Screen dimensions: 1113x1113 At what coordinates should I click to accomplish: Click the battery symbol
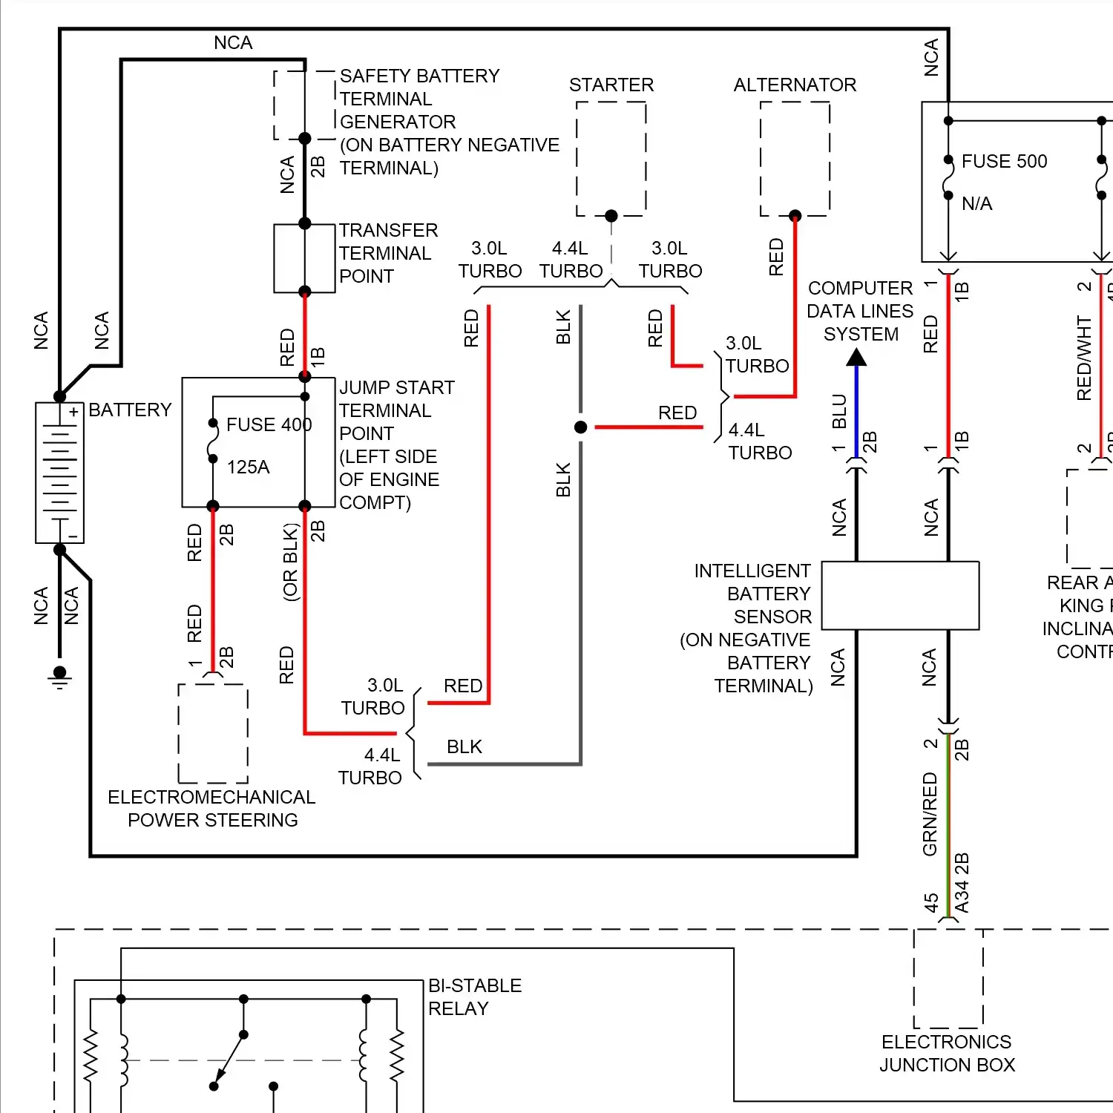59,473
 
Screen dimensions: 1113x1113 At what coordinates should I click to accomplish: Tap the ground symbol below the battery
59,677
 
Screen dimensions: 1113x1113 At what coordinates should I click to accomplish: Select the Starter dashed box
611,158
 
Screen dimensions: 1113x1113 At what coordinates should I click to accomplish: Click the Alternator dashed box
795,158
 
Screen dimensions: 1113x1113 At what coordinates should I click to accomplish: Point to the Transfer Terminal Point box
304,258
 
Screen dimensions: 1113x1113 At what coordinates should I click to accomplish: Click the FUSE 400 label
269,425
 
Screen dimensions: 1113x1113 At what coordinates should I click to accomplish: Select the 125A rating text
248,467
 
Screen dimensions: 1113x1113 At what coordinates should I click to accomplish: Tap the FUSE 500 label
1004,162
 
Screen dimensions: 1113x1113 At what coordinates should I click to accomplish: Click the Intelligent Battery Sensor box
900,596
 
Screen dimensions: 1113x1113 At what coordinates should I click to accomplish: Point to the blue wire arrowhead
856,358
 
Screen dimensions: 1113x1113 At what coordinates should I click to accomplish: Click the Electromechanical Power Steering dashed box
213,733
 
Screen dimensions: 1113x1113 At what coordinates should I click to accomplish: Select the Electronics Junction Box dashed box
948,978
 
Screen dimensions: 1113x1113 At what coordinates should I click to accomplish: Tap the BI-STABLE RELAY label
474,997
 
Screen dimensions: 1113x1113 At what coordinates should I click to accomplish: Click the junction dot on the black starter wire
581,427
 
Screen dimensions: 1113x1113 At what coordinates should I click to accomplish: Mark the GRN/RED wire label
930,814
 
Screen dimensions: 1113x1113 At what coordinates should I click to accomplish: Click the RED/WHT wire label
1084,358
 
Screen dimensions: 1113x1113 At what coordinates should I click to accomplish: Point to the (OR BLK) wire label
290,562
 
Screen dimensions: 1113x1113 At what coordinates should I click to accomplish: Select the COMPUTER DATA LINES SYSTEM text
860,312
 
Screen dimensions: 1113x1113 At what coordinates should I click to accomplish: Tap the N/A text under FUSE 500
976,204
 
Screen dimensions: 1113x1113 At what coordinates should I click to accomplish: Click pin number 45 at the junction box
930,902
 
